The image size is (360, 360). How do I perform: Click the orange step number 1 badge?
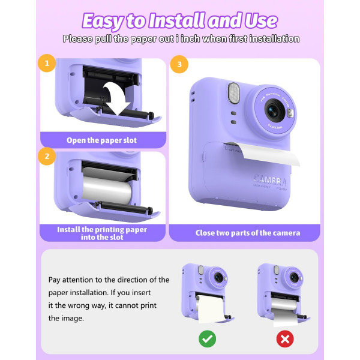tap(48, 62)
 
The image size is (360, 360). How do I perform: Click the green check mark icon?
tap(207, 339)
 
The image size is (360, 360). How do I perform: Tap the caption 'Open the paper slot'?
tap(101, 140)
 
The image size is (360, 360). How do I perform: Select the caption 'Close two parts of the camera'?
tap(248, 233)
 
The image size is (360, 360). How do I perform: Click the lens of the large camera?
tap(274, 110)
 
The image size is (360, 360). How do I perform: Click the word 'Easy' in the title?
tap(103, 21)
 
